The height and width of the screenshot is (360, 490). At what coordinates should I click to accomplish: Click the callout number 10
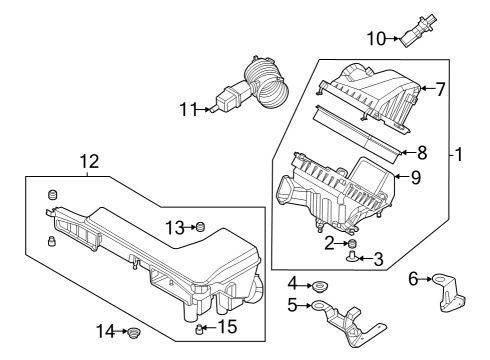375,40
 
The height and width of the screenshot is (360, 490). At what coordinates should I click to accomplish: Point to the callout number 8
421,153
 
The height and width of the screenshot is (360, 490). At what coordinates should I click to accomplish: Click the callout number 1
459,156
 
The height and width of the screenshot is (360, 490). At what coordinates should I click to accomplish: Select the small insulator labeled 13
199,228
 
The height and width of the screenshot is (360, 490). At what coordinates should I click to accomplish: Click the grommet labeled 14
133,331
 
